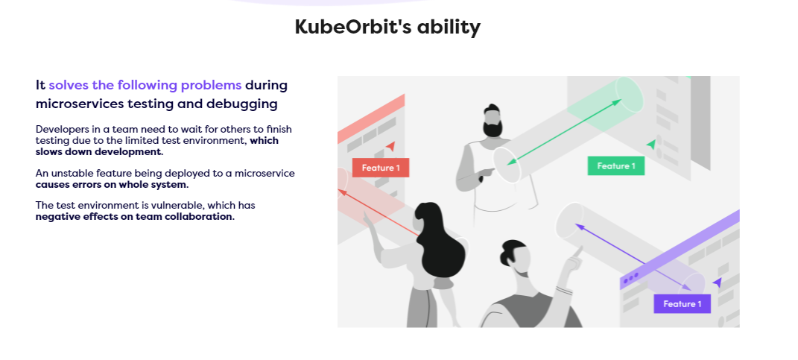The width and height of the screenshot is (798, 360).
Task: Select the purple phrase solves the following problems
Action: coord(145,85)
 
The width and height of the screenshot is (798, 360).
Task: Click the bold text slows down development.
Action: coord(99,151)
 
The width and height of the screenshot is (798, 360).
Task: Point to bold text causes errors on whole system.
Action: coord(112,184)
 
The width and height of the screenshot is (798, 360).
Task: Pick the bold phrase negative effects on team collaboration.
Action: coord(135,217)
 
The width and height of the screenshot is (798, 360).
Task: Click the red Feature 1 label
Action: coord(381,168)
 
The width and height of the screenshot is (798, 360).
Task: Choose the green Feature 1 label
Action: coord(615,166)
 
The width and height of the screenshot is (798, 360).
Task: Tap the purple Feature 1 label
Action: coord(682,303)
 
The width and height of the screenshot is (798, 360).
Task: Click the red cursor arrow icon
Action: coord(390,147)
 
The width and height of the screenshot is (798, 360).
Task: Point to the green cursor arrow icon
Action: coord(651,143)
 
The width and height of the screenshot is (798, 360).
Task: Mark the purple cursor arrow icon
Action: coord(717,282)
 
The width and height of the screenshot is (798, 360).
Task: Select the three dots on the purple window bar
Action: coord(630,278)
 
